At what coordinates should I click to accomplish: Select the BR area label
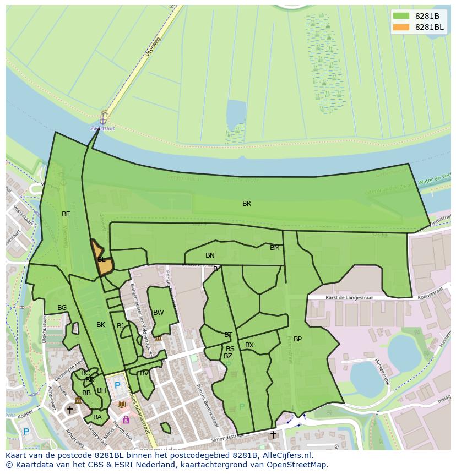247,204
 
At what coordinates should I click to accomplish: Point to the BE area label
66,214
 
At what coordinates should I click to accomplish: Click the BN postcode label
210,255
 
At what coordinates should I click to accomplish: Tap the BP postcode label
297,339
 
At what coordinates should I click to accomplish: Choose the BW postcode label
159,313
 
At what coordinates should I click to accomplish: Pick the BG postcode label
62,308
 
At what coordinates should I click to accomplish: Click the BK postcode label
101,325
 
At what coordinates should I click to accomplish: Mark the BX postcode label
249,345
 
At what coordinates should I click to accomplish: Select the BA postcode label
97,417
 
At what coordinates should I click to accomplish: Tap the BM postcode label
274,248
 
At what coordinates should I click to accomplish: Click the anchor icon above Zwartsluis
103,118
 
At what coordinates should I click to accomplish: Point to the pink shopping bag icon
126,419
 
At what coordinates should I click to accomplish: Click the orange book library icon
122,405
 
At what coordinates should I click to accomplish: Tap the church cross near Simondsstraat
273,435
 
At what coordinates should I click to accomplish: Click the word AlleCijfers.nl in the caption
286,455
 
